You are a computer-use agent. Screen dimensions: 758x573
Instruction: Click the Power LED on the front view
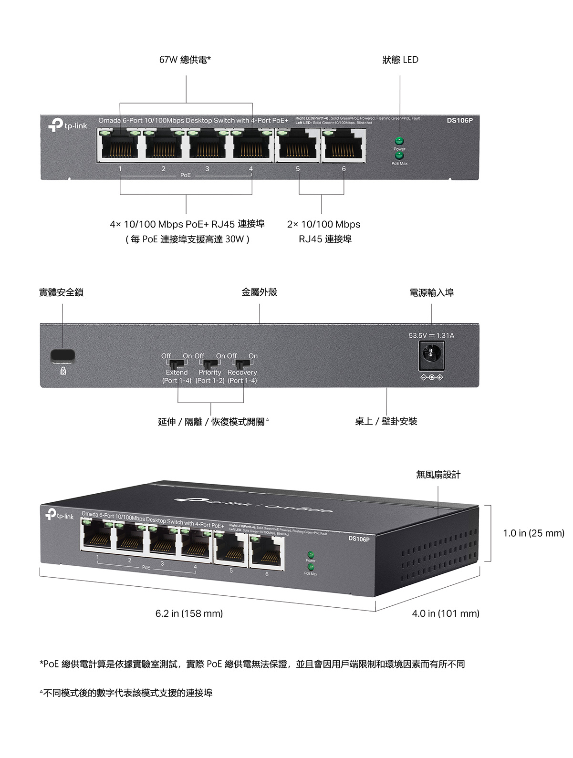pyautogui.click(x=399, y=141)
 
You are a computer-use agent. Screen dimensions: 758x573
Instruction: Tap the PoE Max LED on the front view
pyautogui.click(x=399, y=156)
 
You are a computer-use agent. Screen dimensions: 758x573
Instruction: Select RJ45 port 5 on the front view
pyautogui.click(x=298, y=145)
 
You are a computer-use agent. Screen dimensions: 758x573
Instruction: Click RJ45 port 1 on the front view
pyautogui.click(x=120, y=145)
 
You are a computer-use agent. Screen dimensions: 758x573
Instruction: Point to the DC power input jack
pyautogui.click(x=431, y=355)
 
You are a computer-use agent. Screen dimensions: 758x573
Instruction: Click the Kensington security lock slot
pyautogui.click(x=63, y=355)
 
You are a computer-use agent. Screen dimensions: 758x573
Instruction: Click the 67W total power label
pyautogui.click(x=185, y=60)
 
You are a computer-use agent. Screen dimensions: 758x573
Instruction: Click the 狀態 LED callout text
pyautogui.click(x=400, y=60)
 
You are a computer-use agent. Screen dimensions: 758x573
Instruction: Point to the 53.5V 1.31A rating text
pyautogui.click(x=431, y=335)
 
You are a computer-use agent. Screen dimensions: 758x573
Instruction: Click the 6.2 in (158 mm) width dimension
pyautogui.click(x=189, y=613)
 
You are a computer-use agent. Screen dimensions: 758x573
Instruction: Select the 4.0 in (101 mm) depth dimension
pyautogui.click(x=446, y=613)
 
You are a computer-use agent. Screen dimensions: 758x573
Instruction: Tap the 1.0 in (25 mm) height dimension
pyautogui.click(x=533, y=533)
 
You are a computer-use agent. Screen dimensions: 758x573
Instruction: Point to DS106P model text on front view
pyautogui.click(x=459, y=120)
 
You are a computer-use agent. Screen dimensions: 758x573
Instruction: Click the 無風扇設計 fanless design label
pyautogui.click(x=438, y=474)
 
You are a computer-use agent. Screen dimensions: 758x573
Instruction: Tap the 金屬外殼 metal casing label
pyautogui.click(x=259, y=292)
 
